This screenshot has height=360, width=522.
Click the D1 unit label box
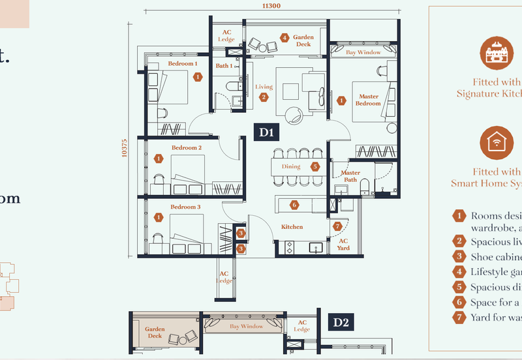click(x=265, y=132)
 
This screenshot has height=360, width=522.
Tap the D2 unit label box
click(x=341, y=322)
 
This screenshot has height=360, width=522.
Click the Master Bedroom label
click(x=368, y=100)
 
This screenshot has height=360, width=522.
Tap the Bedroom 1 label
click(x=182, y=64)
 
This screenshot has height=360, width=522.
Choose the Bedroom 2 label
click(x=186, y=148)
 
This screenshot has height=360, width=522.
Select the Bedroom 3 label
click(x=185, y=207)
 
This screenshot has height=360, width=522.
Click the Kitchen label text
click(x=292, y=227)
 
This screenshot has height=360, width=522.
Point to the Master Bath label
click(x=350, y=176)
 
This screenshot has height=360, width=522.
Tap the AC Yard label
click(x=343, y=244)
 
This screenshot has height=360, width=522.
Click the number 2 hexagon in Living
click(x=264, y=97)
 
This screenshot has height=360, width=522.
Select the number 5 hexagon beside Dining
click(x=315, y=166)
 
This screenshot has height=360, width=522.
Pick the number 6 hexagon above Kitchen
click(x=294, y=205)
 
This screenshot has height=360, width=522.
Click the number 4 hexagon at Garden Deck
click(x=284, y=38)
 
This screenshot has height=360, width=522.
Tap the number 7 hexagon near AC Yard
click(x=337, y=226)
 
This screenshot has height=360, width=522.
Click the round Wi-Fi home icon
click(x=497, y=143)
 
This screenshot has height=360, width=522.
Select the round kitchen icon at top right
click(x=497, y=53)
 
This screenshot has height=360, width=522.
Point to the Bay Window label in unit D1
click(x=363, y=52)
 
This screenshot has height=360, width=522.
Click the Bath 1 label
click(x=224, y=66)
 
